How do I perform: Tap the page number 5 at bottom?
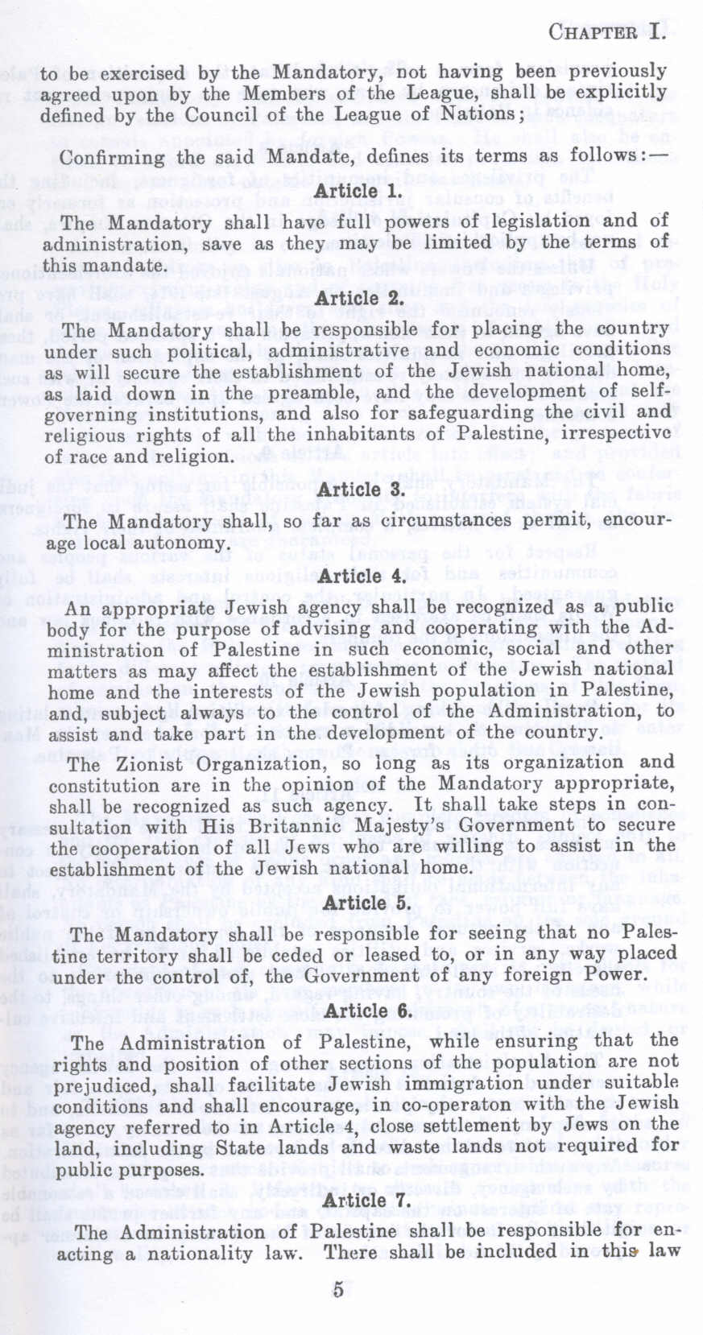[x=338, y=1289]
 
